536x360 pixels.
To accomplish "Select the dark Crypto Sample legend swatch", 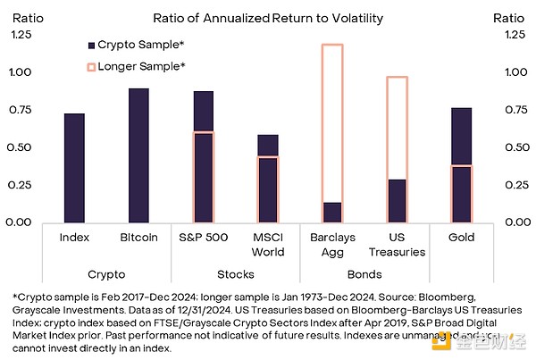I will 91,44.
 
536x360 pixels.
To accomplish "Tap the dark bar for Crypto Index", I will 75,168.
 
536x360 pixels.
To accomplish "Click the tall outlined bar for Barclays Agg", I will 332,116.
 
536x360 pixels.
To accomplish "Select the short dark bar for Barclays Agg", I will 332,213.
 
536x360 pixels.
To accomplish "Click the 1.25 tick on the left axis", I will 20,35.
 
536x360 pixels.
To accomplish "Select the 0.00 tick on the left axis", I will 20,222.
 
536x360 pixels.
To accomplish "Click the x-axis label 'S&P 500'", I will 204,238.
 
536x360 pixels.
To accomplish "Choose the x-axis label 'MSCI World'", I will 268,244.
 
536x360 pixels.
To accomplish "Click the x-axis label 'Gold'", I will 461,238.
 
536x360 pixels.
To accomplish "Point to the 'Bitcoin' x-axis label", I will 138,238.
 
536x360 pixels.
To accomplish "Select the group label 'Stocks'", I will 236,274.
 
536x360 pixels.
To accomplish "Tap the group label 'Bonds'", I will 364,274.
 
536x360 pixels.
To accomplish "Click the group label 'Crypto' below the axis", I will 106,274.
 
